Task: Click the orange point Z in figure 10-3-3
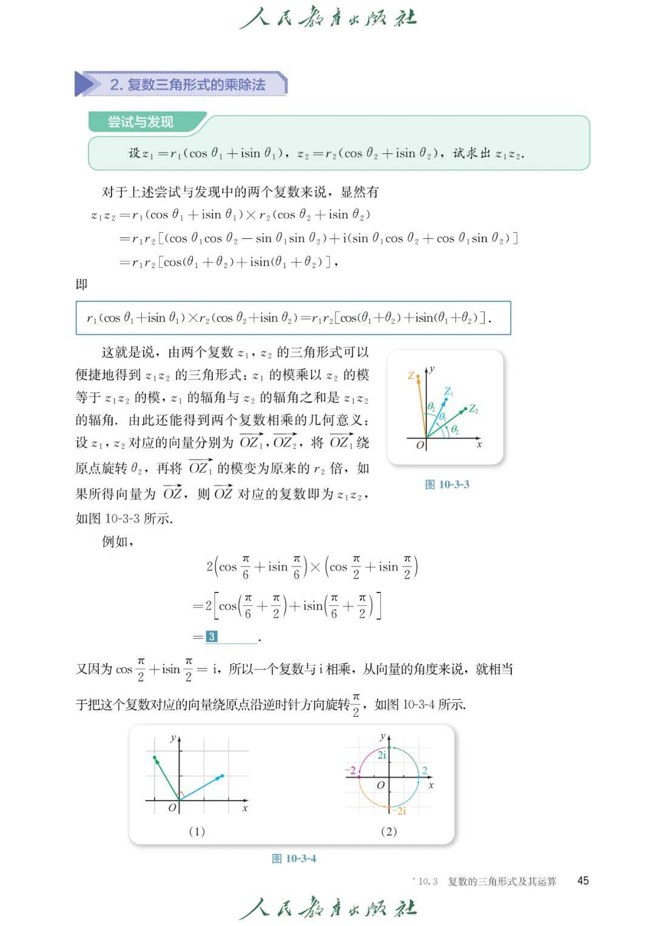(418, 377)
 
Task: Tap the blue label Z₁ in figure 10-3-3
(449, 392)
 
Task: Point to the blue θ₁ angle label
(443, 417)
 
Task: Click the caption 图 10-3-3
(447, 485)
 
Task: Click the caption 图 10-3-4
(294, 859)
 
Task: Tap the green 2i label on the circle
(382, 755)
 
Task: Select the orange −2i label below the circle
(399, 811)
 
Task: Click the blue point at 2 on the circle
(418, 777)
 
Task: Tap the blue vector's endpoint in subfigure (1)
(222, 776)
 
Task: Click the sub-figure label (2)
(389, 831)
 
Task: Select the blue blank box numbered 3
(212, 637)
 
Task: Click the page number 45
(583, 881)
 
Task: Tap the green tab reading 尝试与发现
(141, 122)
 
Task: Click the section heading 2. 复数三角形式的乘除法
(187, 84)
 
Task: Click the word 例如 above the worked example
(115, 542)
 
